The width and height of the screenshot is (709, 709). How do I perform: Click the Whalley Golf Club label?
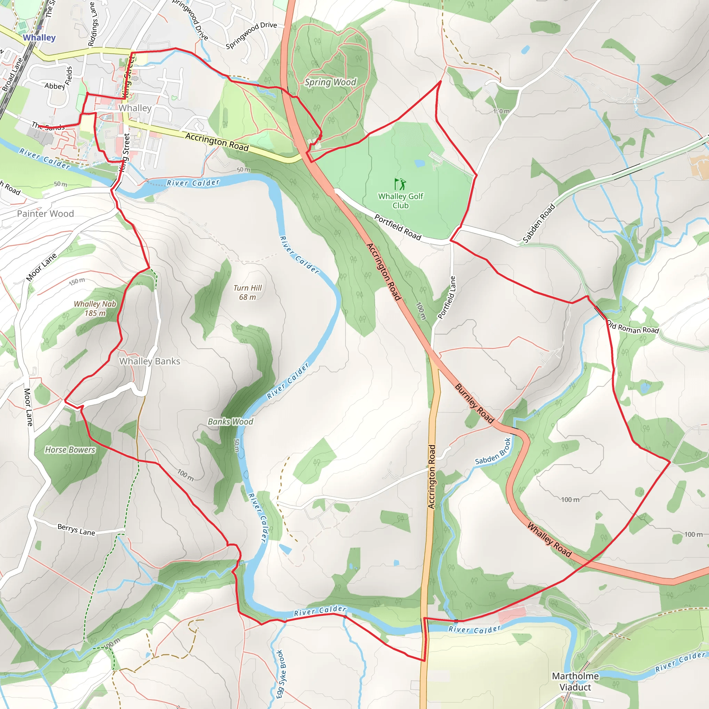click(401, 201)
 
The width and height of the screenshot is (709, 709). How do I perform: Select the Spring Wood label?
click(330, 82)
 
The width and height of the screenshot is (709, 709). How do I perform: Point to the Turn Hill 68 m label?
click(248, 293)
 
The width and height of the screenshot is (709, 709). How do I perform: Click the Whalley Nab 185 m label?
click(95, 308)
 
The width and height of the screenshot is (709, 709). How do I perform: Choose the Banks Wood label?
click(231, 422)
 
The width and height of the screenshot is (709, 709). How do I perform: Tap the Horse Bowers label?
click(70, 450)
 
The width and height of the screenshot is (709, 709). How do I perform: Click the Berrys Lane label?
click(76, 530)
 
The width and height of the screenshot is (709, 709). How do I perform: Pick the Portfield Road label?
click(398, 227)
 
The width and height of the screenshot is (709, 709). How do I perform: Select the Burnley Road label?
click(475, 403)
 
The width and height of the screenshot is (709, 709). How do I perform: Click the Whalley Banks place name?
click(150, 361)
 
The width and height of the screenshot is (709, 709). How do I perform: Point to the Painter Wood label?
click(45, 214)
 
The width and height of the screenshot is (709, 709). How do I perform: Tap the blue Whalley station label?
click(39, 37)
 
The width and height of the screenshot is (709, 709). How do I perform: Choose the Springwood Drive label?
click(251, 35)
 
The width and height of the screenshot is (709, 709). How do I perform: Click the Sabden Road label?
click(539, 224)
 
